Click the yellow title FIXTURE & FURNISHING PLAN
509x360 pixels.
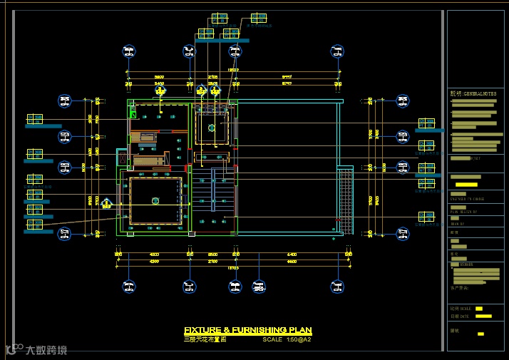(247, 330)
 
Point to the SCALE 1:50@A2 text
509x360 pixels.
(287, 339)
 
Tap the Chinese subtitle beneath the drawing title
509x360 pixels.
(205, 339)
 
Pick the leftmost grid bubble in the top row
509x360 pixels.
(128, 51)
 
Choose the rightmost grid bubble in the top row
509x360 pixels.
(338, 51)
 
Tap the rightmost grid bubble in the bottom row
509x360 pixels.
(338, 287)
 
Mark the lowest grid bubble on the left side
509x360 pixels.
(64, 232)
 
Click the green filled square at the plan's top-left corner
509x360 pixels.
(133, 113)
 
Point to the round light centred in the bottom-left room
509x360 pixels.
(155, 201)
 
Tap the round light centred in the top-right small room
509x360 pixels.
(211, 128)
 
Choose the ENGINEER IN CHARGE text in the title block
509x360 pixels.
(468, 199)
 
